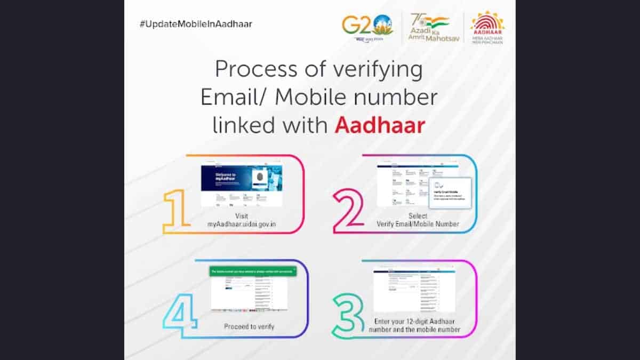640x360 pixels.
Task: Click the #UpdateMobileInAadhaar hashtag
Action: (196, 24)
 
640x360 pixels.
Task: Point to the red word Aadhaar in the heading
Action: (380, 126)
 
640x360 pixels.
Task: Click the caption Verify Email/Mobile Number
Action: (418, 224)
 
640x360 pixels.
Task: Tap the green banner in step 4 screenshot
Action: (252, 272)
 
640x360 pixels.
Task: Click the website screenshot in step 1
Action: (242, 186)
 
